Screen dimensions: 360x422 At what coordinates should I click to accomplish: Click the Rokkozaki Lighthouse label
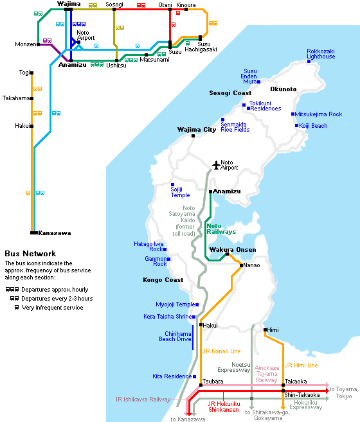coord(321,54)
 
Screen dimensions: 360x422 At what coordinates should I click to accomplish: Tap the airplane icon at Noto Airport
coord(216,165)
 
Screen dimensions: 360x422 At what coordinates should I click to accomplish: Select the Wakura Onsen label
coord(233,250)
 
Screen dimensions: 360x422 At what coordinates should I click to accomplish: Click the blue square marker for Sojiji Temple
coord(172,184)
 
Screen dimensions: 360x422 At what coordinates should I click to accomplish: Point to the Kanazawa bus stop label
coord(55,233)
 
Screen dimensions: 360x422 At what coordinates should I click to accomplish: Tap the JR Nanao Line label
coord(222,351)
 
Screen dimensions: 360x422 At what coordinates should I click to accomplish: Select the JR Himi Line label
coord(301,365)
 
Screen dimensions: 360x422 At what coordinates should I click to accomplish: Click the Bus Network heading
coord(30,254)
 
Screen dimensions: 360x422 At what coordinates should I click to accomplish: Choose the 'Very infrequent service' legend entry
coord(49,308)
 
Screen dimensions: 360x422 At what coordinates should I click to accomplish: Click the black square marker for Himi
coord(265,330)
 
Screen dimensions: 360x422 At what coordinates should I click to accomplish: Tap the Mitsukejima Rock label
coord(318,114)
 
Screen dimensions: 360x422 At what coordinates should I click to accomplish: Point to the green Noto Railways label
coord(221,229)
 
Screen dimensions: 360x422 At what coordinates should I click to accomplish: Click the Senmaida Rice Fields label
coord(235,127)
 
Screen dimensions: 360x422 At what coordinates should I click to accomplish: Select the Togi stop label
coord(24,73)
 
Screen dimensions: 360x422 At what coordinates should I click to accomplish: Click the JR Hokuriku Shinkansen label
coord(224,407)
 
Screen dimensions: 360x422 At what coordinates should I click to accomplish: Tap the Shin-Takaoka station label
coord(301,395)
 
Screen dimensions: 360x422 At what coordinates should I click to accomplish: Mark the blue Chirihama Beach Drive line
coord(193,337)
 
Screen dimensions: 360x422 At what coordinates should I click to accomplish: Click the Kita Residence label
coord(172,376)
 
